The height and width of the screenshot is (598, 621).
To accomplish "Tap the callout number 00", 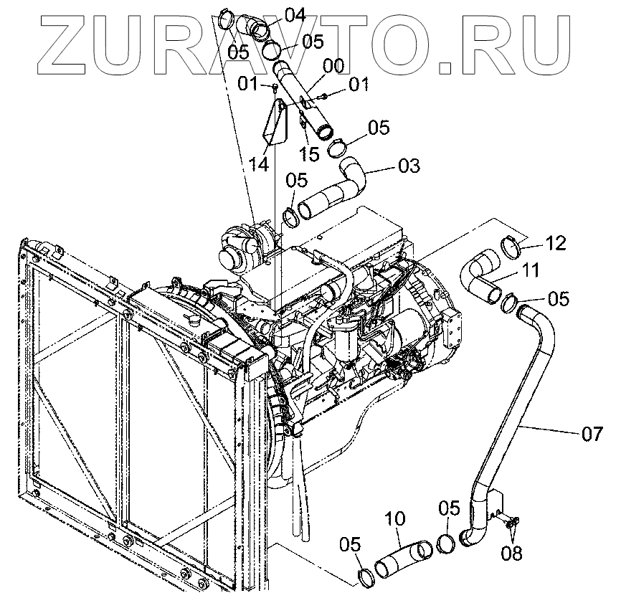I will (x=333, y=66).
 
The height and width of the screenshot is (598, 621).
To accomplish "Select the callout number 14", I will (x=259, y=164).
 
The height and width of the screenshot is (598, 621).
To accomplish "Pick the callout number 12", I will (x=555, y=243).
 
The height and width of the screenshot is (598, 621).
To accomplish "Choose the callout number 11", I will (x=531, y=271).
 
